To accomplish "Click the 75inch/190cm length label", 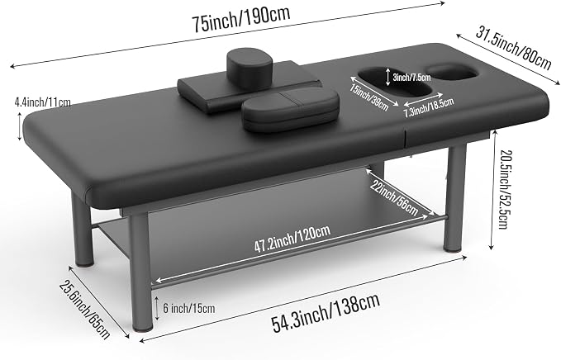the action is coord(240,19).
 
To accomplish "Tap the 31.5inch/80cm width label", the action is coord(513,48).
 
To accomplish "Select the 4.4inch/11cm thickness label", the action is coord(43,102).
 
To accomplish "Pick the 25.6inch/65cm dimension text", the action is coord(84,310).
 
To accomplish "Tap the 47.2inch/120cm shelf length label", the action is coord(292,239).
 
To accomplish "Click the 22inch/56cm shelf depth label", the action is coord(395,198).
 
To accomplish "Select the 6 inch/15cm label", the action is coord(189,308).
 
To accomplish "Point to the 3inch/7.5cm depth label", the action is coord(411,77).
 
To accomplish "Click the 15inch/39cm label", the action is coord(369,97).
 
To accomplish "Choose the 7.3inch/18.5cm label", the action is coord(429,107).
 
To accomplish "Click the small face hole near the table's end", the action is coord(452,72).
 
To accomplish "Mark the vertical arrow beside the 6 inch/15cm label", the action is coord(157,308).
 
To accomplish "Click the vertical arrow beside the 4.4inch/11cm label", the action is coord(20,126).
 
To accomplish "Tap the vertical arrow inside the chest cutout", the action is coord(388,78).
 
